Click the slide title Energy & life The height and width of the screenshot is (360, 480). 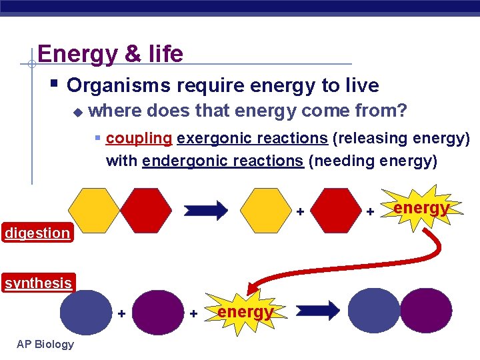[x=110, y=53]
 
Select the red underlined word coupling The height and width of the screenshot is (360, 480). [x=139, y=138]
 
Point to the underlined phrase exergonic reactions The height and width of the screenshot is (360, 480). [x=252, y=138]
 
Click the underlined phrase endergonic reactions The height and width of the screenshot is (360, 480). [x=223, y=161]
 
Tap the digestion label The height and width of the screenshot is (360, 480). [x=37, y=233]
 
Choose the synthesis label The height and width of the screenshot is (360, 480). [x=38, y=283]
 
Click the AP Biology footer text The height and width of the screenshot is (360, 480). [x=45, y=344]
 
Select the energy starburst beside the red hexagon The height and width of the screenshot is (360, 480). [x=420, y=209]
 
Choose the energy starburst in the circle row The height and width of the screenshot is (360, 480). [x=244, y=311]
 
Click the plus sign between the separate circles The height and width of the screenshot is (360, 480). [x=121, y=312]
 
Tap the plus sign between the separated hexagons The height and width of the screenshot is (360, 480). [x=300, y=211]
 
